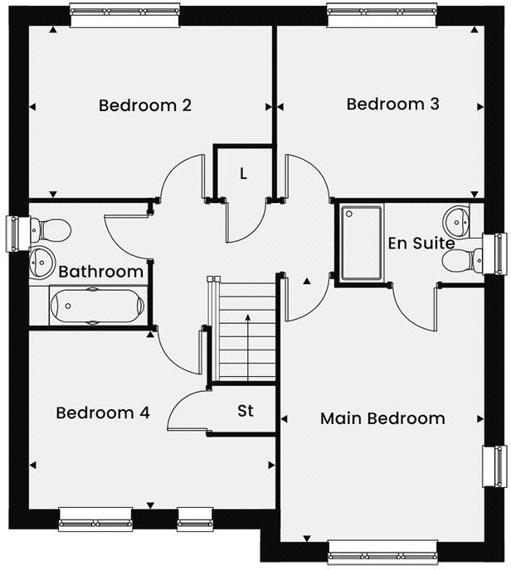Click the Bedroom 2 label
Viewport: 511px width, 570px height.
point(145,105)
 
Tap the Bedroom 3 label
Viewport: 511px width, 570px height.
point(392,104)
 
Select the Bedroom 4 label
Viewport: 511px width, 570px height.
point(103,413)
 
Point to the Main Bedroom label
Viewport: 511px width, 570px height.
point(382,418)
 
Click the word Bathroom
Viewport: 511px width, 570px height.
point(101,272)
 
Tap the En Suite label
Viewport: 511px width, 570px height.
point(421,244)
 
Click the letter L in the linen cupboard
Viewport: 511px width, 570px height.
point(243,174)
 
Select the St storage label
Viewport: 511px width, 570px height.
point(245,411)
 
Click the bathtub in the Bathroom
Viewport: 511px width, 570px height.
point(91,305)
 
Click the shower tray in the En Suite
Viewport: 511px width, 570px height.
point(360,243)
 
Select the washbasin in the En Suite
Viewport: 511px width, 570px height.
point(459,220)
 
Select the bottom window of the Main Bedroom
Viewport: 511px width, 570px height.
point(382,549)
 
